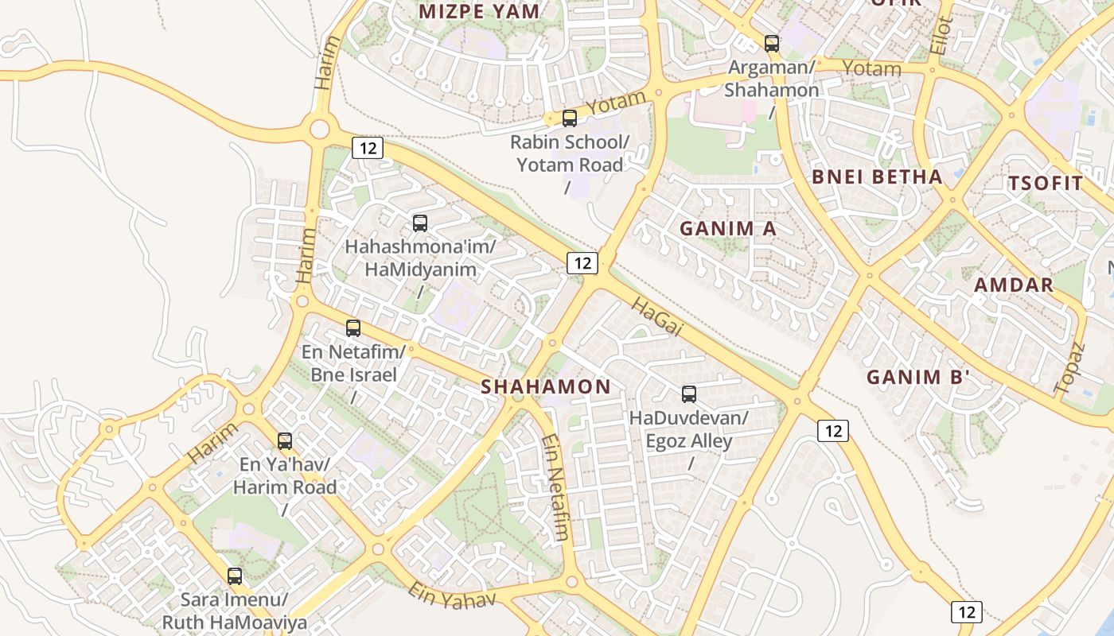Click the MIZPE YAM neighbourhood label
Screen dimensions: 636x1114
479,12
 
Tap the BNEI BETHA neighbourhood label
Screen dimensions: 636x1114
877,177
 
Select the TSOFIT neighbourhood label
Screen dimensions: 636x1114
1046,184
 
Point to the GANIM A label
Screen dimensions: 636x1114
727,229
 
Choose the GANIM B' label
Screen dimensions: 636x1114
917,378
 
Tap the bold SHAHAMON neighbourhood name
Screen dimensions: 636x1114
546,387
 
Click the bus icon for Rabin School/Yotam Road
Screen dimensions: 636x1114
570,118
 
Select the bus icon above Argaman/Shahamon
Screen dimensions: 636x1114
771,43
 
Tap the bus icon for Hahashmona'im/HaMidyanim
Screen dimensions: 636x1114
420,223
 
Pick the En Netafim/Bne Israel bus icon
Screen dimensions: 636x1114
353,328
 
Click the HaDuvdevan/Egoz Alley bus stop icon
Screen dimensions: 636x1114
689,394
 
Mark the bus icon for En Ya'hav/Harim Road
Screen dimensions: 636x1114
285,440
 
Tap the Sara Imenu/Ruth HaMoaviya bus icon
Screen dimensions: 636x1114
235,576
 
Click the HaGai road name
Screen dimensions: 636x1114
657,317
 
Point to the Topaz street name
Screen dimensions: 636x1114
1070,368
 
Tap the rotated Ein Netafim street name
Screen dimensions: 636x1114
555,487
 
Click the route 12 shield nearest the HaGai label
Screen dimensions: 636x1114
582,263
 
